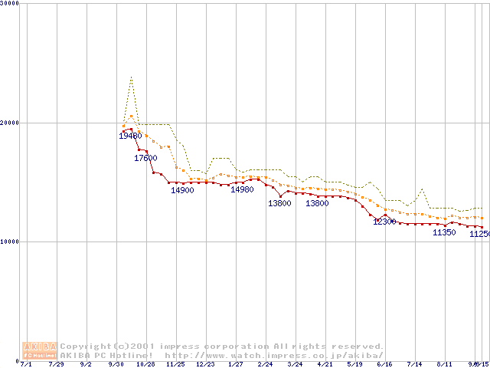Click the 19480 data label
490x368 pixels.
tap(130, 136)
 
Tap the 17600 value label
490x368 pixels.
tap(145, 158)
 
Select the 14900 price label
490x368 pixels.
tap(182, 190)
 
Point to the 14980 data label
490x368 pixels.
tap(242, 189)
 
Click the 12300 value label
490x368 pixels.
tap(384, 222)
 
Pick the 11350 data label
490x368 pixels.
tap(444, 232)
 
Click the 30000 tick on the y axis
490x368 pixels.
tap(10, 4)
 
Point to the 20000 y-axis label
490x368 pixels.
tap(10, 123)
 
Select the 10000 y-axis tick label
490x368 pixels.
tap(10, 242)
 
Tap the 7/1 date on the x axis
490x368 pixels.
tap(26, 364)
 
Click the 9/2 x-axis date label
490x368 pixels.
tap(86, 364)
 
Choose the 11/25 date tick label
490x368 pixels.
tap(175, 364)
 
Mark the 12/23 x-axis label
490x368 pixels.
tap(205, 364)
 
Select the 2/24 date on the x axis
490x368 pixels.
tap(265, 364)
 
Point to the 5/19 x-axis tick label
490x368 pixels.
tap(354, 364)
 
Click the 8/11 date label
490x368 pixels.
tap(444, 364)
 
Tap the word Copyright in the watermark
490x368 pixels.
tap(88, 347)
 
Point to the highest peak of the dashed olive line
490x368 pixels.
tap(132, 77)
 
